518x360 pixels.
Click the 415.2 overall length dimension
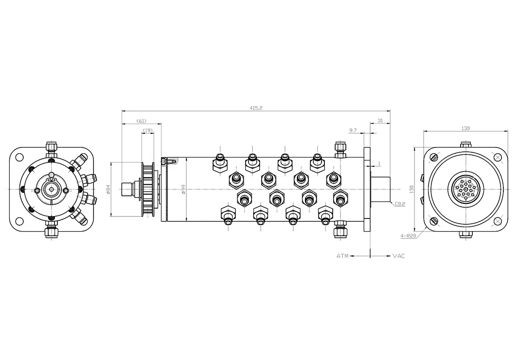(x=256, y=108)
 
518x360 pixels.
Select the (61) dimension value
(x=141, y=121)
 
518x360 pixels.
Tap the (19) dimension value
(x=147, y=130)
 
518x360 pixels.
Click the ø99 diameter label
(x=184, y=189)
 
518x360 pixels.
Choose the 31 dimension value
(x=380, y=121)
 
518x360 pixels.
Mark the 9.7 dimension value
(x=353, y=130)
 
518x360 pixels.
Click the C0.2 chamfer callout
(x=400, y=204)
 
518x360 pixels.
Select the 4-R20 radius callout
(x=408, y=236)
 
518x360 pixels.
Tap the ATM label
(x=342, y=256)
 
